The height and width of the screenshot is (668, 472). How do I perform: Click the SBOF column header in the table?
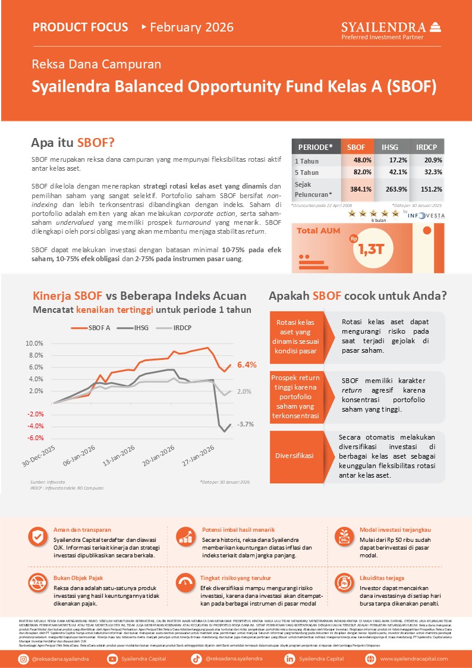356,147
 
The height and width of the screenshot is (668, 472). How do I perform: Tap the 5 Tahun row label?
307,173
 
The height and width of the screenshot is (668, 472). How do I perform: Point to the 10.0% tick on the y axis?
34,344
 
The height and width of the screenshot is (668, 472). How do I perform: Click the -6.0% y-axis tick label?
34,438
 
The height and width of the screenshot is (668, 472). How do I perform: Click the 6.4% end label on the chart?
246,365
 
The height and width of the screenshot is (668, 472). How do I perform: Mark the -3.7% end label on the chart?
246,424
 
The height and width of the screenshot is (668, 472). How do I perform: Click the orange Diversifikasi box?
295,456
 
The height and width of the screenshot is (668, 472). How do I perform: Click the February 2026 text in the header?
191,27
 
